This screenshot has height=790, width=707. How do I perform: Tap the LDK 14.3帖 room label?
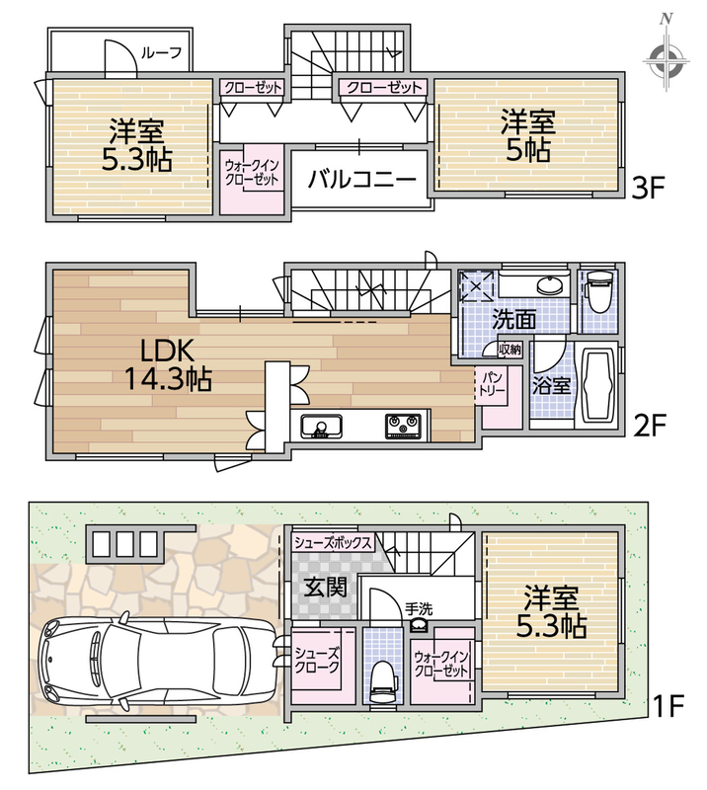pyautogui.click(x=167, y=364)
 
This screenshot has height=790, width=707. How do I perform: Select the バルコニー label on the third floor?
pyautogui.click(x=361, y=179)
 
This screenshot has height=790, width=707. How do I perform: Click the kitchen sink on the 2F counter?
pyautogui.click(x=322, y=427)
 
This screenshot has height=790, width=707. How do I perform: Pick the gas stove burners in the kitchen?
pyautogui.click(x=403, y=427)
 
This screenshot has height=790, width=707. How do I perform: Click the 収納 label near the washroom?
pyautogui.click(x=510, y=349)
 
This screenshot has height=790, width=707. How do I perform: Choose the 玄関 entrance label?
pyautogui.click(x=326, y=588)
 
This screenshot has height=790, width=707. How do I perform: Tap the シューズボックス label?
pyautogui.click(x=333, y=542)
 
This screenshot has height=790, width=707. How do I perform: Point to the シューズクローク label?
pyautogui.click(x=317, y=660)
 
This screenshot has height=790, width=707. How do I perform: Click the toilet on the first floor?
pyautogui.click(x=383, y=681)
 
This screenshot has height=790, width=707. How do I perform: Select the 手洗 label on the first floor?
pyautogui.click(x=419, y=609)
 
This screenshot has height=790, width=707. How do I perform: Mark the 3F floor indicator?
pyautogui.click(x=649, y=189)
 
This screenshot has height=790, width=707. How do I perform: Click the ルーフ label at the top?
pyautogui.click(x=161, y=53)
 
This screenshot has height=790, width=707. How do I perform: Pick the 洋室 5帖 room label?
pyautogui.click(x=527, y=135)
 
